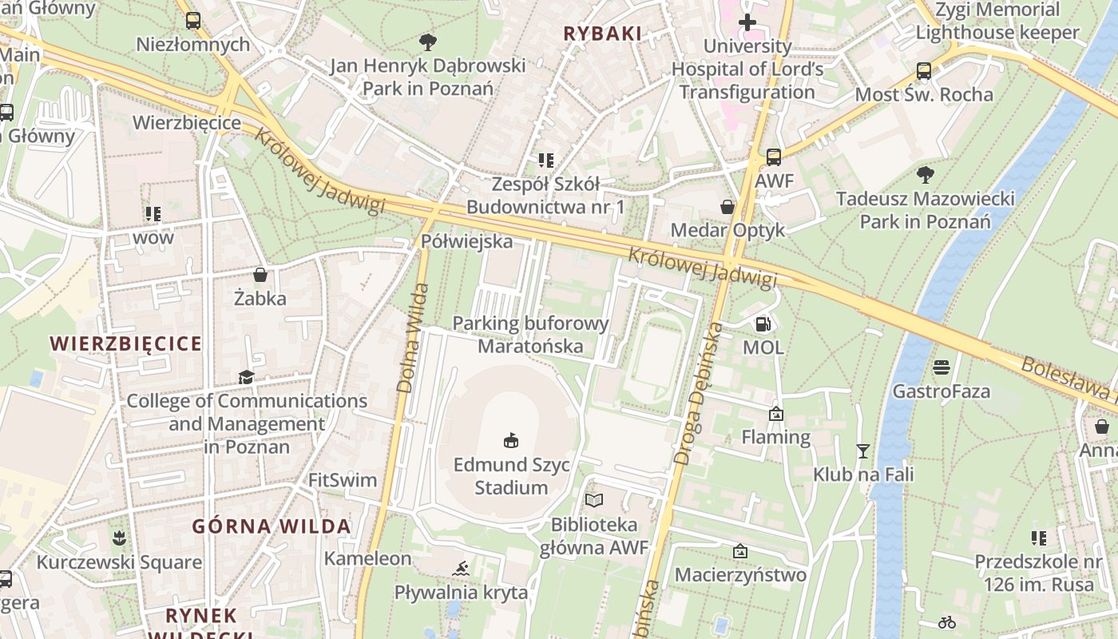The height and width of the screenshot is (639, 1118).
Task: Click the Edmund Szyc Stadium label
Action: coord(511,476)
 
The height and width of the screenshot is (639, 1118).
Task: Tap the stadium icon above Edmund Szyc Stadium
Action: coord(511,440)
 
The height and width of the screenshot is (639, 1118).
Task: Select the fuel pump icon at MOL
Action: coord(763,324)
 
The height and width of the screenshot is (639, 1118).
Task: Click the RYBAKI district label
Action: coord(603,34)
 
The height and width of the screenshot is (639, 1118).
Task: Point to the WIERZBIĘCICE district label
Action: coord(126,343)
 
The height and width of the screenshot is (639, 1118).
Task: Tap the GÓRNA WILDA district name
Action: coord(272,526)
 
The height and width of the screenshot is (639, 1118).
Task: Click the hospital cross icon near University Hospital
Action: coord(747,22)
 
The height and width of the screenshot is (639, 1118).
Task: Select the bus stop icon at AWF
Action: coord(773,157)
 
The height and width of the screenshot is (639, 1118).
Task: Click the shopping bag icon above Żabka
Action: coord(260,276)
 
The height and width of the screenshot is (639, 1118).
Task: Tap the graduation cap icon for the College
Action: coord(246,377)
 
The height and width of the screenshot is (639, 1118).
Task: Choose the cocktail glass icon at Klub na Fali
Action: coord(862,451)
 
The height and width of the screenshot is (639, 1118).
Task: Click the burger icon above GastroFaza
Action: coord(942,368)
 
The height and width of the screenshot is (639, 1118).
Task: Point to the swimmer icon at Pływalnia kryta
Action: coord(461,569)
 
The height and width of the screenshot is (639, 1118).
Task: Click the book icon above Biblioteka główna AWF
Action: coord(594,501)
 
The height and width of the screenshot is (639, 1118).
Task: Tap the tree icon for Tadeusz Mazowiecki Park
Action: coord(926,174)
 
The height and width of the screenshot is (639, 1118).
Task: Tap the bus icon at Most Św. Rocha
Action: coord(924,71)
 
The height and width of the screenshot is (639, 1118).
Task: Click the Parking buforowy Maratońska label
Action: coord(530,335)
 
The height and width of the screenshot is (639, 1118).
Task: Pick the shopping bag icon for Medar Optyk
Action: coord(727,207)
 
